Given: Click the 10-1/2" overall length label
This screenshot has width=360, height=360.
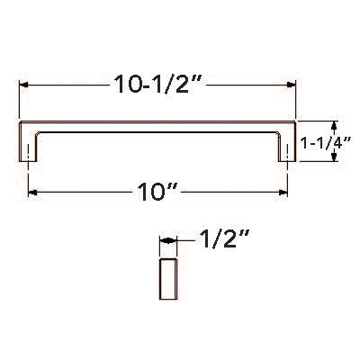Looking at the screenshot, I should (x=158, y=85).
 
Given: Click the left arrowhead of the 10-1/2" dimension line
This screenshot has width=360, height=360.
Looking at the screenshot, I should (x=23, y=85).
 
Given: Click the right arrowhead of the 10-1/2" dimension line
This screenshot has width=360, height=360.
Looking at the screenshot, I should (x=292, y=85).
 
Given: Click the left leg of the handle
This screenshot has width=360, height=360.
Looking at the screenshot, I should (x=29, y=144).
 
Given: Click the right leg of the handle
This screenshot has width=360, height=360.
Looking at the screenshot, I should (x=289, y=144).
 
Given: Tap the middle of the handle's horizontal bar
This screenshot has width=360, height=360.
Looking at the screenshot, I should (x=158, y=125).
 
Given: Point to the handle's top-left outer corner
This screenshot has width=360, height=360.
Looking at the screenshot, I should (x=21, y=121).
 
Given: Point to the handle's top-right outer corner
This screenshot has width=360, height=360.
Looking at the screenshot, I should (x=296, y=121).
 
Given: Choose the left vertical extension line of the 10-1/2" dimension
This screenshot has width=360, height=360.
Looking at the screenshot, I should (x=20, y=99).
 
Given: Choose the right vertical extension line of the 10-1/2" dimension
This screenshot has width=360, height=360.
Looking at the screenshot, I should (x=296, y=99).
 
